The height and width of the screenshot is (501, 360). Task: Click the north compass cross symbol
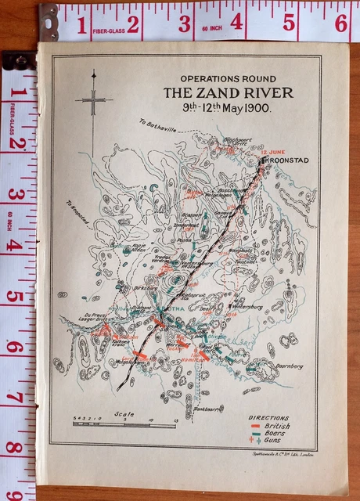[93, 100]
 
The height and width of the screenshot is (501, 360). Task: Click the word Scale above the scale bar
[124, 415]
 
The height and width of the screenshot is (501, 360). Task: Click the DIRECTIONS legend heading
[268, 419]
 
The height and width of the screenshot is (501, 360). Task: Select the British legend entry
[274, 427]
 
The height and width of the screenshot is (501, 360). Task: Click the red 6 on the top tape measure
[341, 23]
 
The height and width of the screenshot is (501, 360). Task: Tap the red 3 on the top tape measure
[185, 23]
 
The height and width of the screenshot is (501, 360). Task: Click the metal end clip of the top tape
[49, 22]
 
